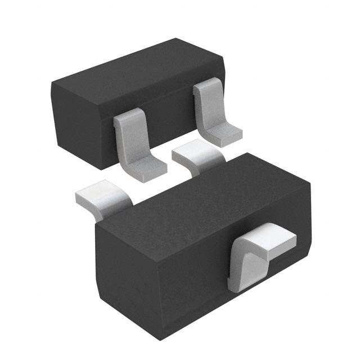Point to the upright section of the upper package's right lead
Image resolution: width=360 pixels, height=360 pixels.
coord(205,104)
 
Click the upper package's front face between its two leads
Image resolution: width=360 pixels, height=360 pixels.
coord(169,121)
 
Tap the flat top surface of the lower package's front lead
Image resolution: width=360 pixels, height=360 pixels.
coord(270,236)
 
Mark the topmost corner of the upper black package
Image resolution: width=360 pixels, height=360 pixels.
coord(176,39)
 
